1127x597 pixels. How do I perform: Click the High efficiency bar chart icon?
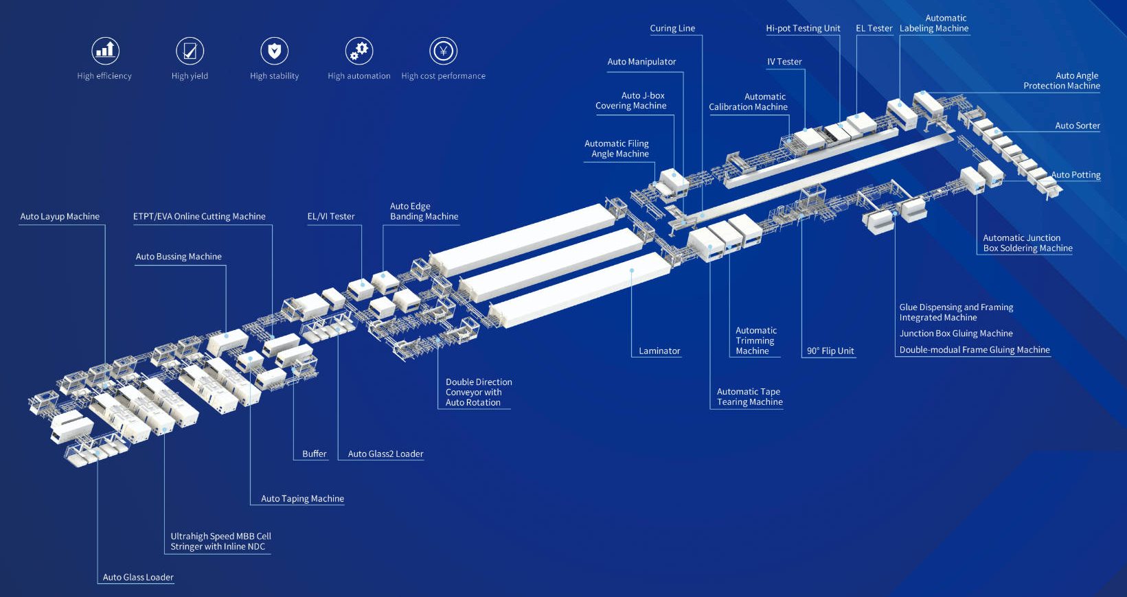pos(105,51)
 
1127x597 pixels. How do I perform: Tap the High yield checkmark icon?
pos(190,51)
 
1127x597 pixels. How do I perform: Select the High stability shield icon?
pos(274,51)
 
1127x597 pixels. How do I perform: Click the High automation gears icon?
pos(358,51)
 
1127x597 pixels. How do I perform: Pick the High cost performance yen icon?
pos(443,51)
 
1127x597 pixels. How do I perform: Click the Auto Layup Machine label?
pos(60,216)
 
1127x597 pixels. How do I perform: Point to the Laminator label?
pos(659,351)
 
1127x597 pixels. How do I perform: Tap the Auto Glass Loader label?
pos(138,577)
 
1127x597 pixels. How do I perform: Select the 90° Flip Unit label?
pos(830,351)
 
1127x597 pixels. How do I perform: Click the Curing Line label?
pos(672,28)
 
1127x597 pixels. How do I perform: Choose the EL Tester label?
pos(874,28)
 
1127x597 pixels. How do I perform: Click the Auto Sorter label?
pos(1077,126)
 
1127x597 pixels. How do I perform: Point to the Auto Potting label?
pos(1075,175)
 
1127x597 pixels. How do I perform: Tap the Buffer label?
pos(315,454)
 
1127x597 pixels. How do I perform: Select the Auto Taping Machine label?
pos(302,499)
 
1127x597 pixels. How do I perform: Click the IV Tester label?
pos(784,62)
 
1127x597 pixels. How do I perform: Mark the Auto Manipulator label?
pos(641,62)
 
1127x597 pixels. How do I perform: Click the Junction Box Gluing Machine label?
pos(956,333)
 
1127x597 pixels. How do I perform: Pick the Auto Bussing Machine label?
pos(179,257)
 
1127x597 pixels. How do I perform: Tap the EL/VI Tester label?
pos(331,216)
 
